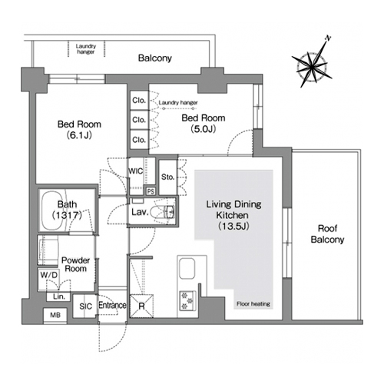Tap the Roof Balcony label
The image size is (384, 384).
coord(327,233)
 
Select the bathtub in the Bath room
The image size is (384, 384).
coord(55,210)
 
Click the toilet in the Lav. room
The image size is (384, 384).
coord(162,211)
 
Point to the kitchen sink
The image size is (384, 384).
coord(187,269)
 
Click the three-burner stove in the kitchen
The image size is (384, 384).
coord(187,301)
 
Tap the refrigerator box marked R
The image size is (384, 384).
coord(141,306)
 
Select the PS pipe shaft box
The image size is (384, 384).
coord(151,191)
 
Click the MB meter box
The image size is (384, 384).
coord(55,315)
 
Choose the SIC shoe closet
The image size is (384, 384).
coord(85,306)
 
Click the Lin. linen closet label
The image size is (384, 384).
coord(59,296)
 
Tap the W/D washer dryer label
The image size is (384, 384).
coord(49,275)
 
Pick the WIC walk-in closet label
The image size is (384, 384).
coord(136,170)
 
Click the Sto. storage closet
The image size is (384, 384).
coord(168,177)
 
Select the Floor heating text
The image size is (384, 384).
coord(253,304)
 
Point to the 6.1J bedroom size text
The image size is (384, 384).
coord(79,135)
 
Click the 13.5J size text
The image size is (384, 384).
coord(233,226)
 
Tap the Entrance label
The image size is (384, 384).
coord(112,305)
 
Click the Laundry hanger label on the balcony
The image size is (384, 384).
coord(86,49)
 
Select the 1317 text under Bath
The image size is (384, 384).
coord(67,215)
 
